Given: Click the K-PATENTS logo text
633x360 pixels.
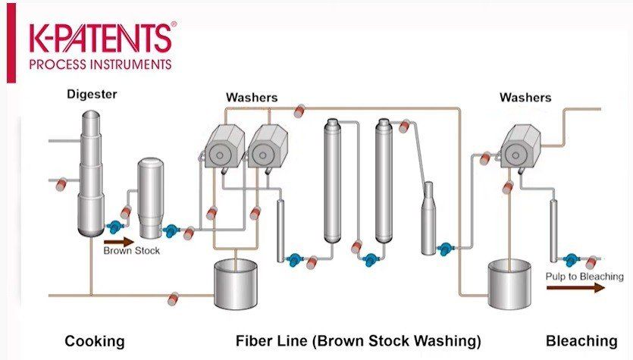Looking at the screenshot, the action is click(101, 38).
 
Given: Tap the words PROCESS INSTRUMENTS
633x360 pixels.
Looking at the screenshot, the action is click(101, 64).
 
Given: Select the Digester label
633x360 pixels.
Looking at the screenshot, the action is click(92, 95).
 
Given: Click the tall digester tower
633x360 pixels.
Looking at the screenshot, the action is click(91, 174).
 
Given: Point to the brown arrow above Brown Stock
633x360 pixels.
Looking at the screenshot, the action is click(119, 242).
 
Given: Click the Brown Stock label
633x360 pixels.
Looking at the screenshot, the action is click(132, 251).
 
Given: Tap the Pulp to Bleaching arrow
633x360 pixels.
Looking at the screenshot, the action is click(575, 287).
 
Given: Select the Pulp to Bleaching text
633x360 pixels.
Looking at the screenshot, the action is click(584, 277).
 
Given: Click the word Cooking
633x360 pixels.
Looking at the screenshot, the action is click(95, 341).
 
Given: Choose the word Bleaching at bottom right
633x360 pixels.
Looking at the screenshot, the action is click(581, 340).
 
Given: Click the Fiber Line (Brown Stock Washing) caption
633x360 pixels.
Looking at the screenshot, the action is click(359, 340).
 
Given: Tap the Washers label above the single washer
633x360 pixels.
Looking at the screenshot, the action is click(525, 97).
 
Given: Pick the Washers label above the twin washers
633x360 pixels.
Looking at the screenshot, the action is click(252, 97).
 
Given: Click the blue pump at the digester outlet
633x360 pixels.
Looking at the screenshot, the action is click(115, 227).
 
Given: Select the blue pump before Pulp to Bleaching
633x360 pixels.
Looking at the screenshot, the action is click(570, 259).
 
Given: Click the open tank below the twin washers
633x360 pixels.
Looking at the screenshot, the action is click(235, 283).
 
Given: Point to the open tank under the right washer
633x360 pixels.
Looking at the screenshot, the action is click(509, 284).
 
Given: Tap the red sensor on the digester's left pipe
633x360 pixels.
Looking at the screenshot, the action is click(61, 183).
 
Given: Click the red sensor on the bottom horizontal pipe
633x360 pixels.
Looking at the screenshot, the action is click(173, 299).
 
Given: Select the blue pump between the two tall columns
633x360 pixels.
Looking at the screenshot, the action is click(370, 259).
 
